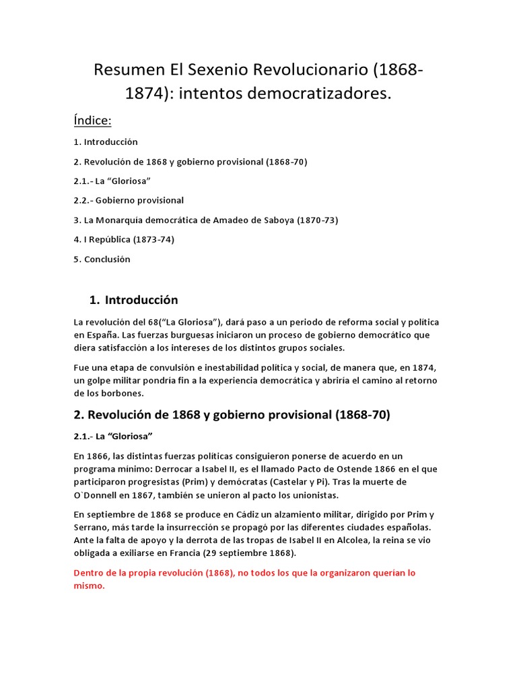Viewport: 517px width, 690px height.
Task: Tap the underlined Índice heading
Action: [x=92, y=120]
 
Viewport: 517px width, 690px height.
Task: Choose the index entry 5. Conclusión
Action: [x=102, y=259]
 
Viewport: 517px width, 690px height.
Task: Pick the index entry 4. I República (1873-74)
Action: [x=124, y=239]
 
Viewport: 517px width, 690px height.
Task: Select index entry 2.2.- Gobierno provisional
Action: [x=129, y=200]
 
